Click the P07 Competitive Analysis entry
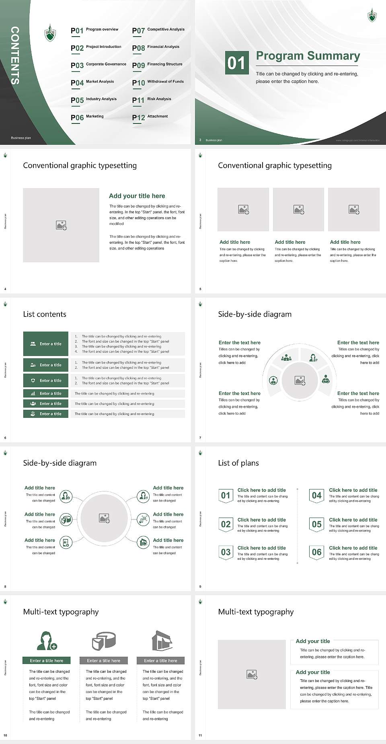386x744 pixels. [x=158, y=30]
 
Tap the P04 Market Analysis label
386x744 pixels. [x=92, y=82]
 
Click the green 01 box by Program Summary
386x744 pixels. [x=236, y=62]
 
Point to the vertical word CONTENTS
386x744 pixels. [x=14, y=55]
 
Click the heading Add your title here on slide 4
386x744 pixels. [x=137, y=196]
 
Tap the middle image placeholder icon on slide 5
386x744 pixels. [x=298, y=210]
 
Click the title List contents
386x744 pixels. [x=45, y=314]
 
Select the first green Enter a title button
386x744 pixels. [x=46, y=344]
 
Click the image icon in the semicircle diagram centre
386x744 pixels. [x=300, y=380]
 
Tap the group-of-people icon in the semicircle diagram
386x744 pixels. [x=286, y=357]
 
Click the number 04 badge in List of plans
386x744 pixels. [x=317, y=495]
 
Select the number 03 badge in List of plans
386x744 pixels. [x=226, y=552]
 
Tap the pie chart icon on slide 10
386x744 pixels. [x=104, y=641]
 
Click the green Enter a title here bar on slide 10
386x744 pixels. [x=47, y=660]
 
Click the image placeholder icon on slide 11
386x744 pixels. [x=252, y=674]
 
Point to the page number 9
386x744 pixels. [x=200, y=587]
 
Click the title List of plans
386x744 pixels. [x=238, y=463]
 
